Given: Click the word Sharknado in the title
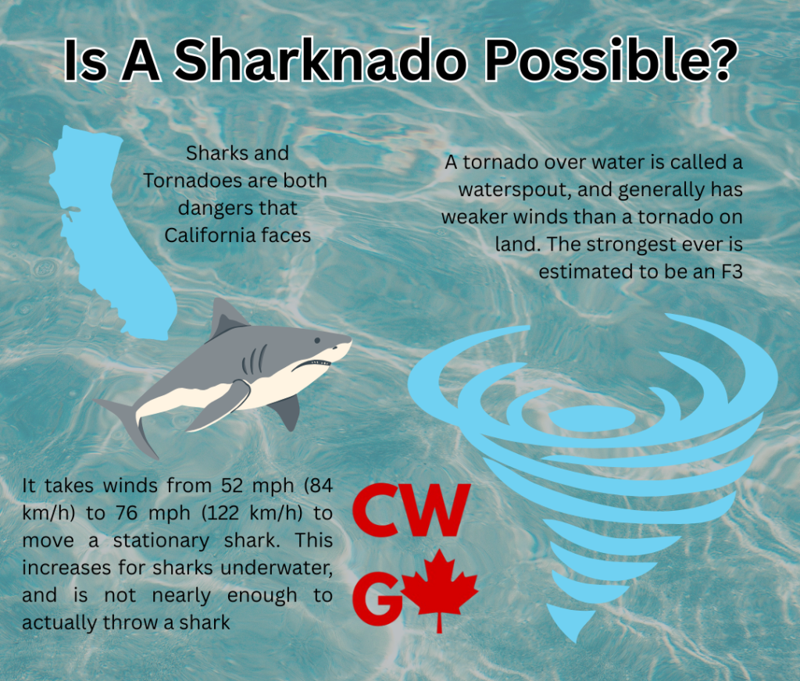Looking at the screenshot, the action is (x=320, y=61).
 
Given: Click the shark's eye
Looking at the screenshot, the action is (x=317, y=340).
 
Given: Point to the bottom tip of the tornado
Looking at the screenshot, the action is (x=576, y=640).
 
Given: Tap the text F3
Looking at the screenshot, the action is (x=731, y=271).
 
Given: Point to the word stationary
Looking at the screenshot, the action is (x=161, y=540).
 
